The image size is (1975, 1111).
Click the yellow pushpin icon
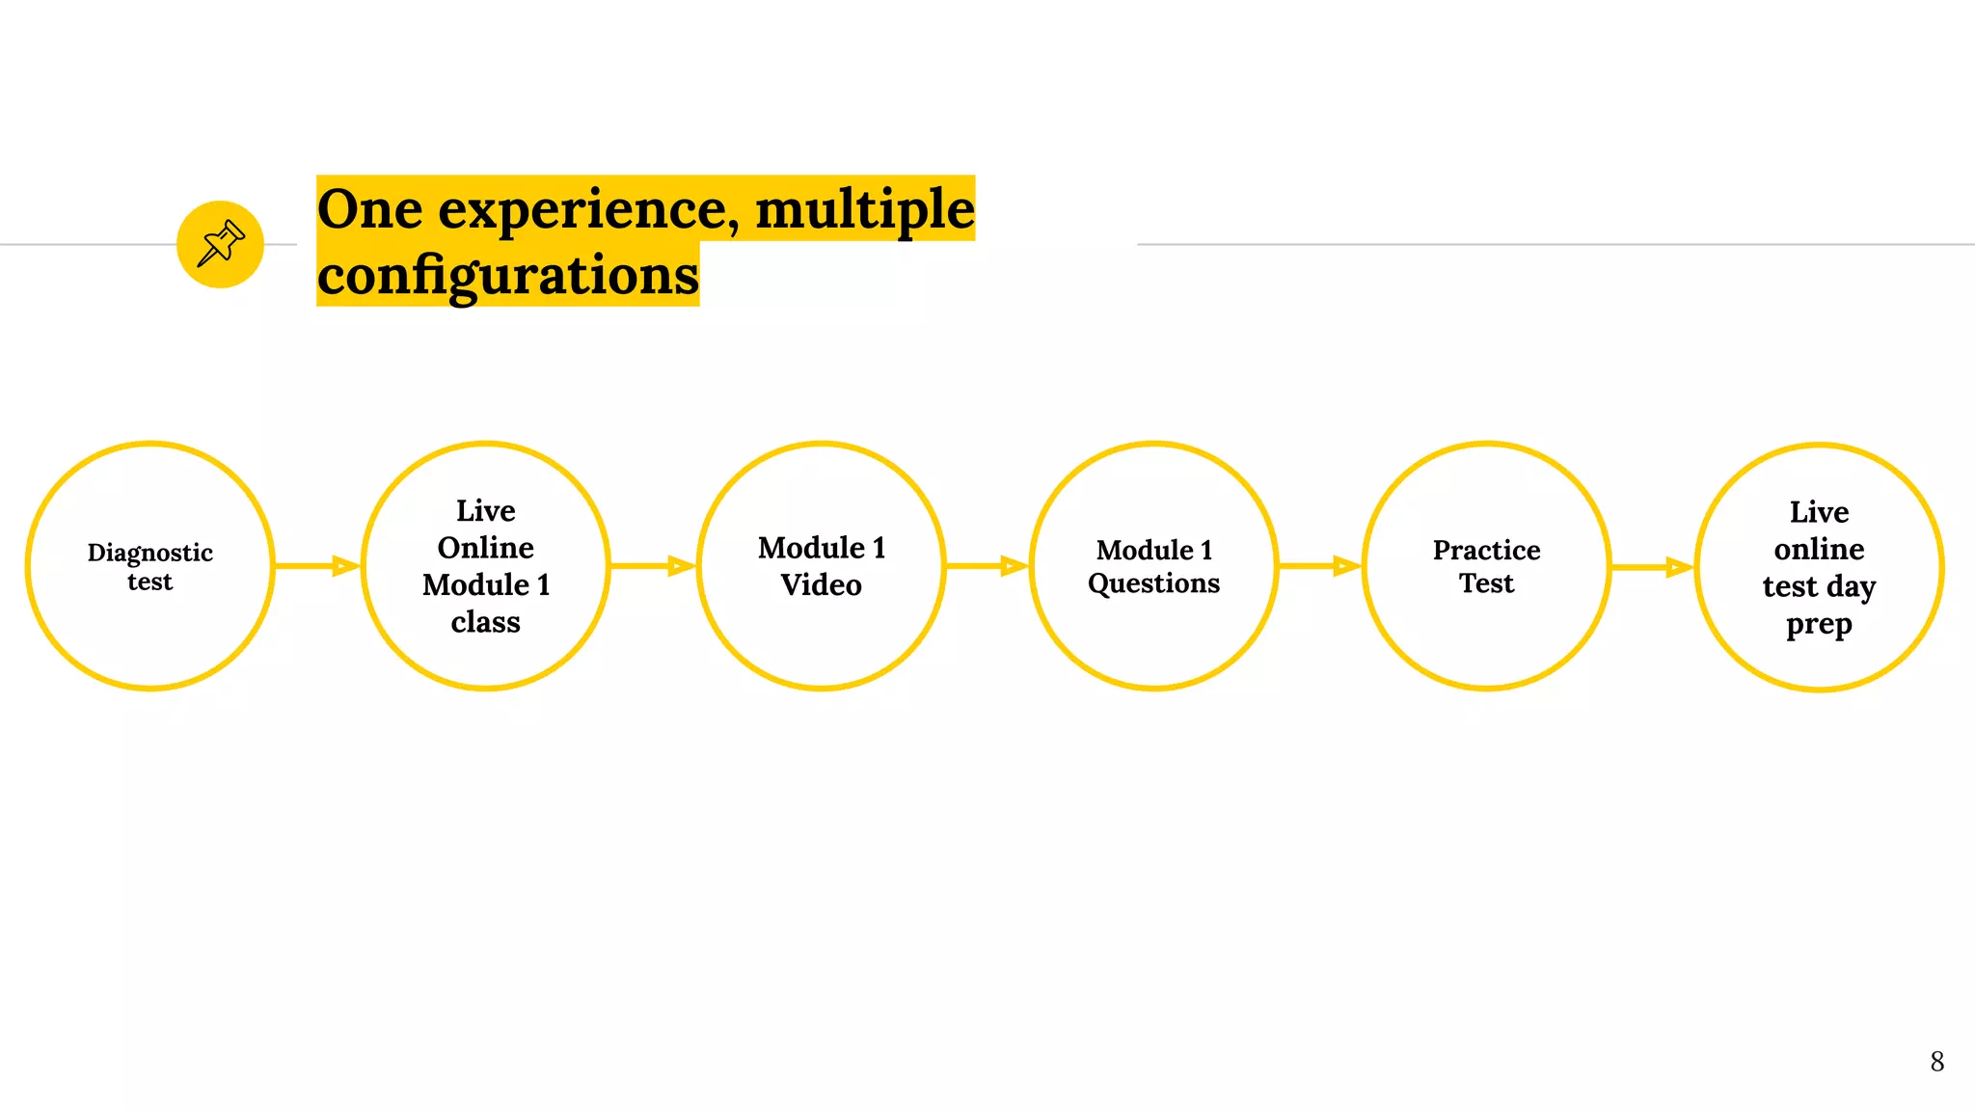220,244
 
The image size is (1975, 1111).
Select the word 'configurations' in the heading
508,276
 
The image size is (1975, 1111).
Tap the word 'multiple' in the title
864,210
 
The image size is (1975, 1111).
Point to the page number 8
1936,1062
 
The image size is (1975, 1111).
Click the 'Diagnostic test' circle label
150,567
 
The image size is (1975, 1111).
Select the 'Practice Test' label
1486,567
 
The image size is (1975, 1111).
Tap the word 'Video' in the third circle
821,585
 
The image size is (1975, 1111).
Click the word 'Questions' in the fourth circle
1153,583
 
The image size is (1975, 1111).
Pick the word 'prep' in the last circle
1819,625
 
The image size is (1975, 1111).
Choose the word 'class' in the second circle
485,622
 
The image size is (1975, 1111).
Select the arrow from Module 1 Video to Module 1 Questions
987,566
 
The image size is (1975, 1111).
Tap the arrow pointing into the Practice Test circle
1320,566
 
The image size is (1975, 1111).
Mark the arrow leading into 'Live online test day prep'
1653,567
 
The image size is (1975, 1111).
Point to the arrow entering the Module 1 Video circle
654,566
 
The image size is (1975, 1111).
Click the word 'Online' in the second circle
485,548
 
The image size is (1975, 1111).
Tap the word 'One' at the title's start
369,210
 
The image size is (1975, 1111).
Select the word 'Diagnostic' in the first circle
150,553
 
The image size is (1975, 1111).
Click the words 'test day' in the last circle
1819,586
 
